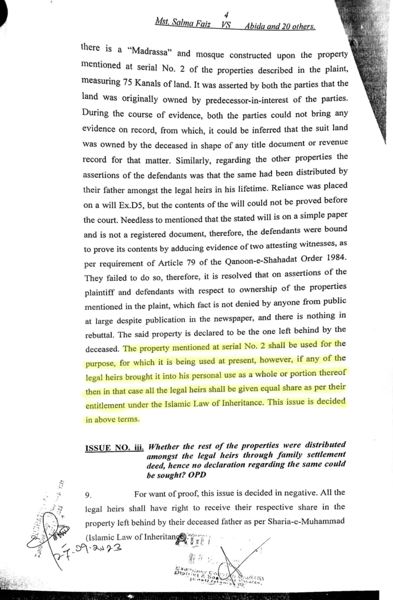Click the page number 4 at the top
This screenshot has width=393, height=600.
click(x=226, y=15)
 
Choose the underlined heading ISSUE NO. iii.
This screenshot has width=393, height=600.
click(x=114, y=448)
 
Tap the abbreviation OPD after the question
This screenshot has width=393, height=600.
click(x=197, y=475)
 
